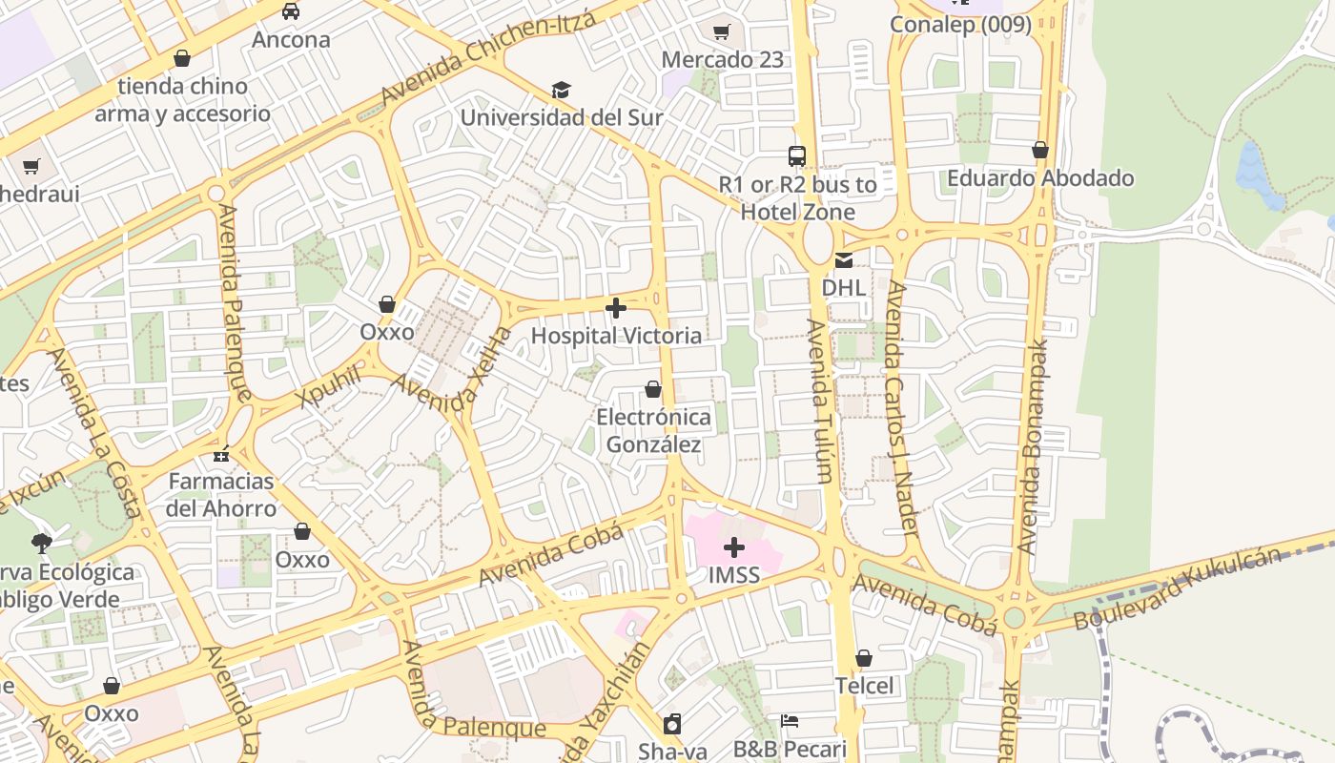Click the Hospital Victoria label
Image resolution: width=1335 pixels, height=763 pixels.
point(616,336)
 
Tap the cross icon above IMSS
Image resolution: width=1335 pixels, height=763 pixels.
point(734,547)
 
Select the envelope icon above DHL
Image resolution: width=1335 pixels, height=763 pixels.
point(844,260)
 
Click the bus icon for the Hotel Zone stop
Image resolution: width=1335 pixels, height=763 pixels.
point(797,156)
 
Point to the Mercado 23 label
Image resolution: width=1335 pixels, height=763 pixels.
point(722,59)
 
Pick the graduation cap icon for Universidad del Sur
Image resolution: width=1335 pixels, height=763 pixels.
point(561,91)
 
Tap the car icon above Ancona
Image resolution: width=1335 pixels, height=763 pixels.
point(291,11)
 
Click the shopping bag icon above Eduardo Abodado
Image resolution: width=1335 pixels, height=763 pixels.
point(1040,151)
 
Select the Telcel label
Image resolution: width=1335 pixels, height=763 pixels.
point(865,686)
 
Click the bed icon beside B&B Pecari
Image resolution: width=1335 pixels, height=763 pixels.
point(790,720)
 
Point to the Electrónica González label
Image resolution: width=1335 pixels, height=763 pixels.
point(654,431)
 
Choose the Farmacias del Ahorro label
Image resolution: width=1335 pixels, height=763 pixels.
point(221,494)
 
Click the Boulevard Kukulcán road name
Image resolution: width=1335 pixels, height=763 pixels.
point(1178,588)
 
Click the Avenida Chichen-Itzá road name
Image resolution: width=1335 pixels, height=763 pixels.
point(488,59)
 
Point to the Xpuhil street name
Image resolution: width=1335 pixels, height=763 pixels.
point(331,385)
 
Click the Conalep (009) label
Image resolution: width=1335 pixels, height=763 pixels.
point(961,24)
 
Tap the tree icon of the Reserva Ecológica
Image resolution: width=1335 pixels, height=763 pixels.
point(41,544)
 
